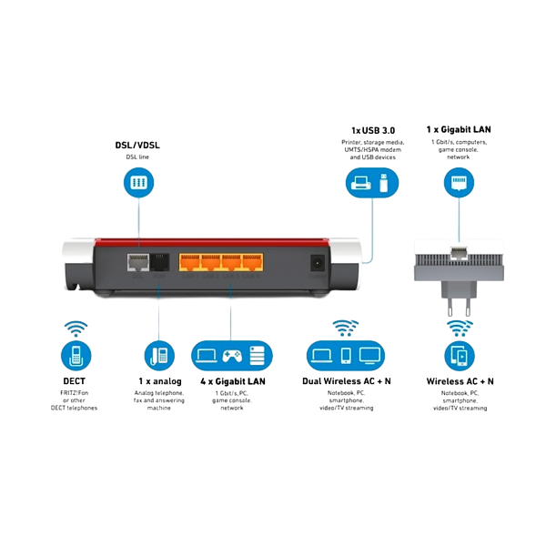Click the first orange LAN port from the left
189,262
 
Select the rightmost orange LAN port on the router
255,262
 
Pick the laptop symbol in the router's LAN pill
206,356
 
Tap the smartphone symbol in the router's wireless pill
345,356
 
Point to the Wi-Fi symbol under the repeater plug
459,327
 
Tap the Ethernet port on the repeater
458,249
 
